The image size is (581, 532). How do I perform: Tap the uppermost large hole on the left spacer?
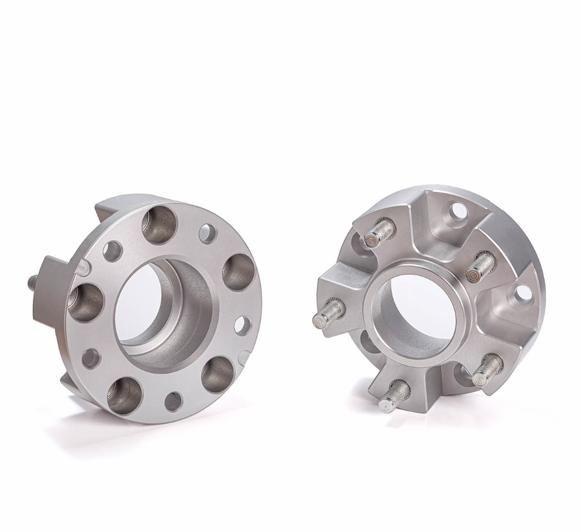tap(160, 225)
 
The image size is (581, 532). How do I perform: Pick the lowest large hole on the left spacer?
tap(124, 395)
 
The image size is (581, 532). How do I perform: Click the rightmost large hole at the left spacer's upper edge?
tap(238, 272)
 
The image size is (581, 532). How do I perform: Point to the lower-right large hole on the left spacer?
tap(217, 375)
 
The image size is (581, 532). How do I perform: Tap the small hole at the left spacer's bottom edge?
tap(173, 401)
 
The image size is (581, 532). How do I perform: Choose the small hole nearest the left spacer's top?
tap(207, 234)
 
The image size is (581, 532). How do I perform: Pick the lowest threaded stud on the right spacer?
tap(393, 397)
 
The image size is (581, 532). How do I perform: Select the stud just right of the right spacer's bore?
tap(481, 267)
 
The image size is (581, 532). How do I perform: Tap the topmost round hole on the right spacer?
tap(458, 210)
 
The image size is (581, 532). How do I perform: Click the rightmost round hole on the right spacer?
tap(523, 293)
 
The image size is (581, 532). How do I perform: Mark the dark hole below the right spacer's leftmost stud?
tap(368, 342)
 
